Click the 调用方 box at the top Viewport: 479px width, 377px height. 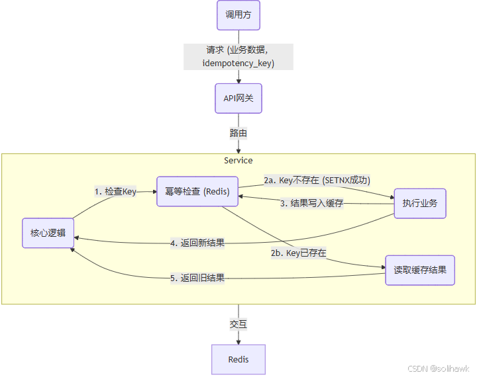tap(239, 15)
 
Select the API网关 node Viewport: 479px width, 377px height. tap(239, 99)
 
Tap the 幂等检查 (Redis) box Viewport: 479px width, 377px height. tap(197, 192)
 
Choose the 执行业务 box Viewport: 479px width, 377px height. tap(419, 204)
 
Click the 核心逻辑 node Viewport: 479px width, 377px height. tap(48, 233)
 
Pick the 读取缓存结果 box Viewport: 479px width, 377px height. tap(420, 270)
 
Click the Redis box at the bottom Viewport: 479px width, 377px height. tap(239, 359)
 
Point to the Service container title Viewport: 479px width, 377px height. tap(239, 161)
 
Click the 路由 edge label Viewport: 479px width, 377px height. tap(239, 133)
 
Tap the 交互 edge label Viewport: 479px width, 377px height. tap(239, 324)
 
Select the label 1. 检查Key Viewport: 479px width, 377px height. tap(115, 192)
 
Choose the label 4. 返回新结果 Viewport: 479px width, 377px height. tap(197, 243)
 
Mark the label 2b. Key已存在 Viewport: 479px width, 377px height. tap(298, 253)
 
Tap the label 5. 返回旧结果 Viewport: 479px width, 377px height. tap(197, 278)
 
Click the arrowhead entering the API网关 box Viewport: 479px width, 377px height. tap(239, 81)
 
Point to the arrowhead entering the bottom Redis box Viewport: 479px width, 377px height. tap(239, 341)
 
